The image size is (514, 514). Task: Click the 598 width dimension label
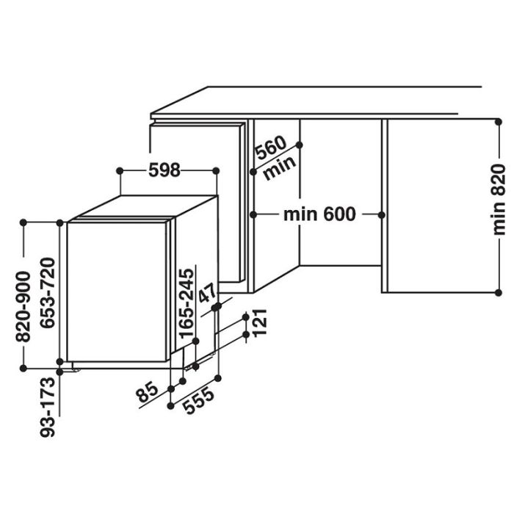164,170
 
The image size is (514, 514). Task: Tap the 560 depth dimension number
271,148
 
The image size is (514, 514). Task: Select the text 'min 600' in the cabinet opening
319,214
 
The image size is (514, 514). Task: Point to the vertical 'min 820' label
499,200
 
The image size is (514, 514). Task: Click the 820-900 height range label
23,306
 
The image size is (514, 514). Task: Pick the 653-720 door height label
48,292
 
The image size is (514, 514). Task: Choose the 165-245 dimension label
187,303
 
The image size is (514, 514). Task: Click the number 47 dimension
208,294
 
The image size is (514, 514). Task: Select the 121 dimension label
260,322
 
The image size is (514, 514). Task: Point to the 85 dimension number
148,392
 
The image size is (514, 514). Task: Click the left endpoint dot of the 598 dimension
120,171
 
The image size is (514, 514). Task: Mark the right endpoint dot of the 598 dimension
216,171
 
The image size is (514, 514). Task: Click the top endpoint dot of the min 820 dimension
499,122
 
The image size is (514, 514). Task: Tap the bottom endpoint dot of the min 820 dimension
499,293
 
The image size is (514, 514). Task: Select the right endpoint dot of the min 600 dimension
382,215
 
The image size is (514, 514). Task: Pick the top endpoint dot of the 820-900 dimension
23,222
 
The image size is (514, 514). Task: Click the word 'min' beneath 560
280,167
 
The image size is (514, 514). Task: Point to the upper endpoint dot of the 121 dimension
246,317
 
